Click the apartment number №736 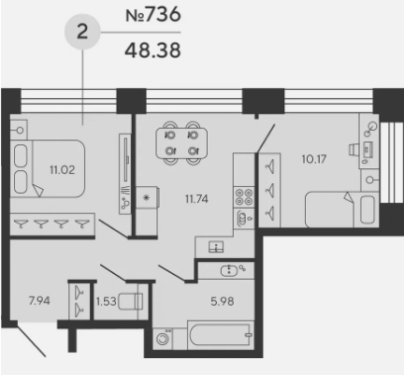tap(152, 14)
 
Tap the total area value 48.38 tap(152, 50)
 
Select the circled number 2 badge tap(82, 32)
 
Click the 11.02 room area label tap(63, 170)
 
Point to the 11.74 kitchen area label tap(196, 198)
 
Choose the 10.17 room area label tap(314, 159)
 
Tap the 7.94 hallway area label tap(39, 301)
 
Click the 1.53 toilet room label tap(106, 301)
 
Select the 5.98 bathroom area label tap(223, 301)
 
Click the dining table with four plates tap(181, 143)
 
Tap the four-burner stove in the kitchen tap(244, 197)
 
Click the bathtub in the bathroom tap(221, 335)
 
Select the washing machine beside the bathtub tap(163, 339)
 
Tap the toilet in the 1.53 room tap(131, 301)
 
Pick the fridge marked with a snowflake tap(148, 197)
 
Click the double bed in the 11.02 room tap(48, 168)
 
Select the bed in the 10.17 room tap(342, 209)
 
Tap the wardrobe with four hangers tap(52, 224)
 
